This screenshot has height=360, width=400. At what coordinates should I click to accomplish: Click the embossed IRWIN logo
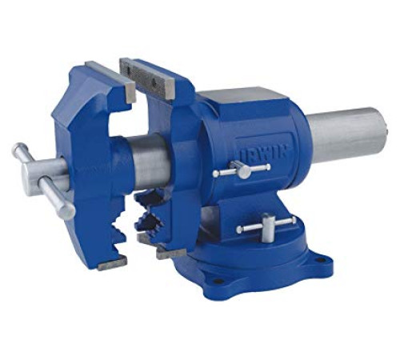tap(263, 153)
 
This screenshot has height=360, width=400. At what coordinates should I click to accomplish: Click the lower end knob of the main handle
tap(68, 211)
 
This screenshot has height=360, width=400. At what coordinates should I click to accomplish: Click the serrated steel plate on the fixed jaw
tap(146, 74)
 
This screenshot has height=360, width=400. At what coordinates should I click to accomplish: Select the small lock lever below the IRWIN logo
tap(242, 170)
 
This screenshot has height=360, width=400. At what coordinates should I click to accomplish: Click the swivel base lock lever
tap(266, 226)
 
